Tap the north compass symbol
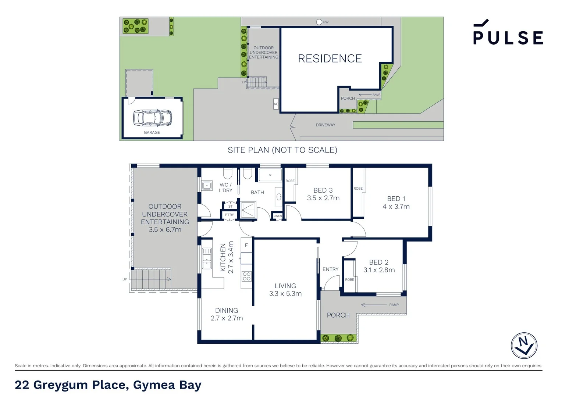524,346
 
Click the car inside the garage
152,117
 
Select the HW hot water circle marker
319,22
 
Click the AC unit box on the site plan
276,104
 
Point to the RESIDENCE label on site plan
330,58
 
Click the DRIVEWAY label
325,125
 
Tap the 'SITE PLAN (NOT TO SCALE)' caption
282,150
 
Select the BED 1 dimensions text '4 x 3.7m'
396,207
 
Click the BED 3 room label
323,190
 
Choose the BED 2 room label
378,262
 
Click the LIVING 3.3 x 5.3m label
285,290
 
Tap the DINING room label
227,311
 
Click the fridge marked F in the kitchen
246,246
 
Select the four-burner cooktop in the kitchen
246,276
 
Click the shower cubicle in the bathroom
248,210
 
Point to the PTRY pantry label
229,215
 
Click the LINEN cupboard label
278,216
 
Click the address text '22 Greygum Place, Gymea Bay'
108,385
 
